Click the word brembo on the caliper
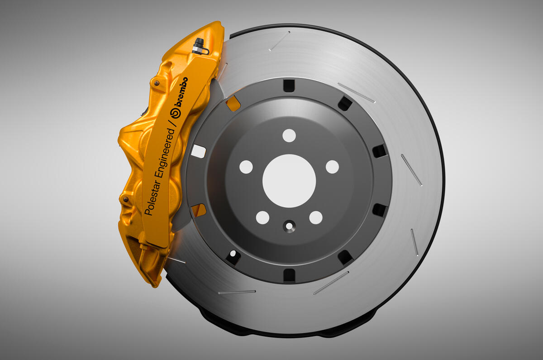click(x=181, y=92)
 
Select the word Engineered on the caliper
click(x=165, y=153)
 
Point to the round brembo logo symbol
click(x=175, y=113)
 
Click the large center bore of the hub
click(x=289, y=181)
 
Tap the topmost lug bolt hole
click(x=289, y=135)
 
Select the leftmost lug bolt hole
click(x=246, y=167)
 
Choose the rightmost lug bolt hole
click(x=332, y=167)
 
